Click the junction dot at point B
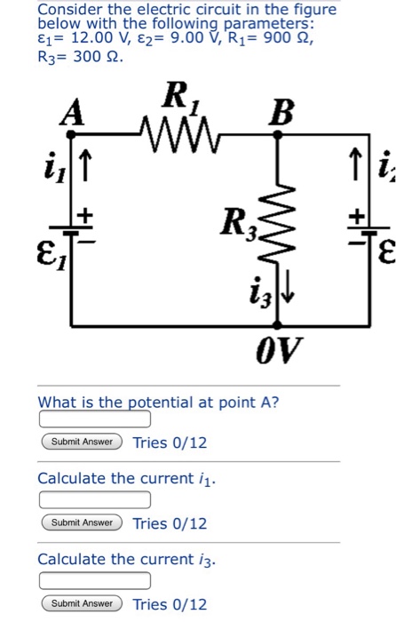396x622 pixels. (x=279, y=135)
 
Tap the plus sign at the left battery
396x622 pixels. (x=88, y=216)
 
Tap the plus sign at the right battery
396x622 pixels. (x=357, y=216)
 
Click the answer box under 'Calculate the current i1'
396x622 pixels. (x=94, y=499)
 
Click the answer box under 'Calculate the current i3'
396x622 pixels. (x=94, y=581)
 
